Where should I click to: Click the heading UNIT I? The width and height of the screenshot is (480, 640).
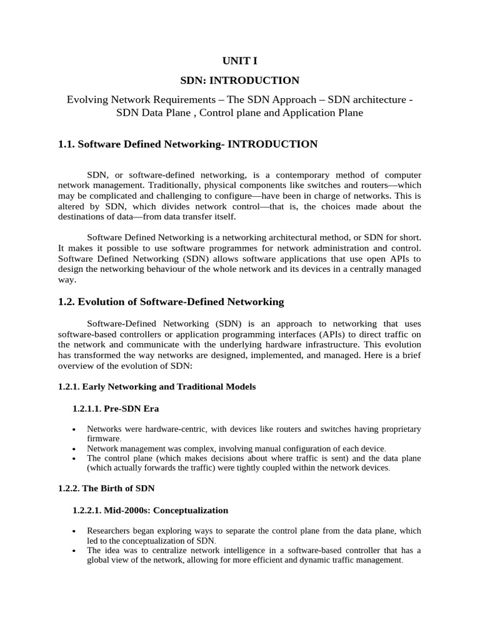point(240,61)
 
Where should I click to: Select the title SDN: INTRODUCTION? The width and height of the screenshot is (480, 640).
point(240,80)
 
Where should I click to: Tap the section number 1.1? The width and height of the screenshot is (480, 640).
point(66,144)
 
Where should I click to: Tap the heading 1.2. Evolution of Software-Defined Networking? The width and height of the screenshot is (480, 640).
point(171,302)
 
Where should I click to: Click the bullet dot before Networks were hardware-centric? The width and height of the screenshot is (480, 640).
point(74,430)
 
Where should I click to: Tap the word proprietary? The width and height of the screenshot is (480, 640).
point(397,429)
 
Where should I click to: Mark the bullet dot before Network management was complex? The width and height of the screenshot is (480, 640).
point(74,449)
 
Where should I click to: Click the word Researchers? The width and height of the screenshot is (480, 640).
point(108,531)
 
